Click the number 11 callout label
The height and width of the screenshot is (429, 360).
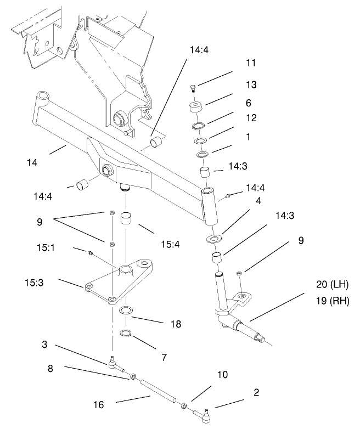[251, 63]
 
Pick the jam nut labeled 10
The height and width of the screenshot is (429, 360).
[185, 405]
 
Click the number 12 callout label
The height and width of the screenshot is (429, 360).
[251, 118]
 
